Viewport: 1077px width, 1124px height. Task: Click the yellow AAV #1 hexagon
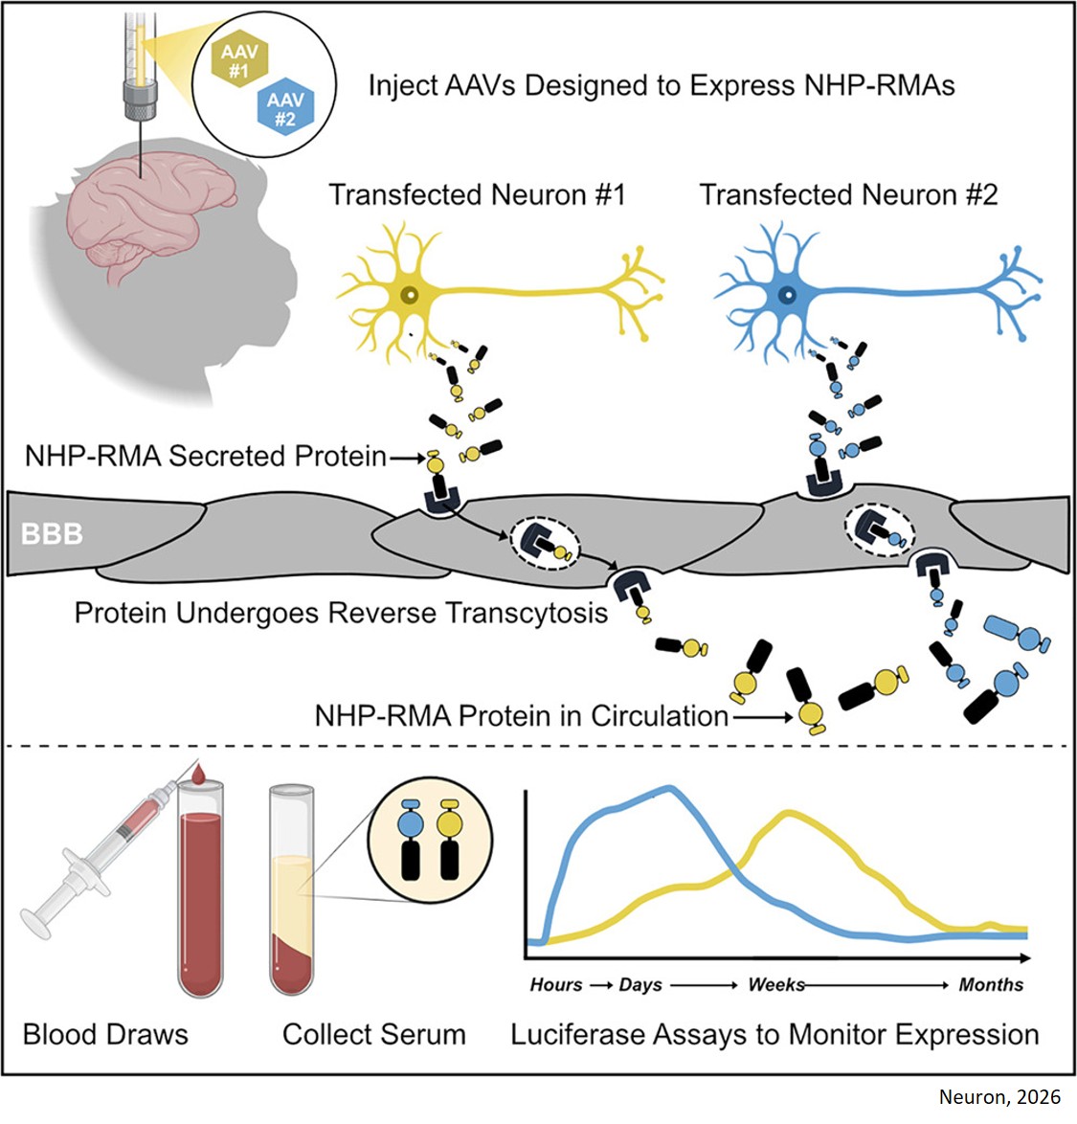pyautogui.click(x=239, y=62)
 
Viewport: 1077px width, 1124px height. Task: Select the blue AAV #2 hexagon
pyautogui.click(x=285, y=109)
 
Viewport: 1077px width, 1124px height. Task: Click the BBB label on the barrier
pyautogui.click(x=53, y=533)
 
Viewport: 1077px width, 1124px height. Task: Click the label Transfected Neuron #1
pyautogui.click(x=477, y=195)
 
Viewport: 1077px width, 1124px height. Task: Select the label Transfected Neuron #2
pyautogui.click(x=848, y=195)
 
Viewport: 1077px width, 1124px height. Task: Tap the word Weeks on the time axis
pyautogui.click(x=775, y=985)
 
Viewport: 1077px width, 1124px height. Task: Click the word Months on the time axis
pyautogui.click(x=991, y=985)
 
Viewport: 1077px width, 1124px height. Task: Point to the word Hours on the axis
pyautogui.click(x=555, y=985)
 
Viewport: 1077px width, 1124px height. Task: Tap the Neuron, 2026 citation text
pyautogui.click(x=999, y=1097)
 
